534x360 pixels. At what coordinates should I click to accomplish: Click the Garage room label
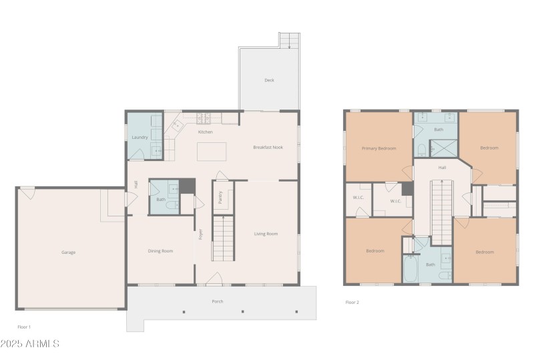(68, 252)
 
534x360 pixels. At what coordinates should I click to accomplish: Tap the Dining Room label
(160, 251)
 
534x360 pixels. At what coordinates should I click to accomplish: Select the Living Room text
(266, 234)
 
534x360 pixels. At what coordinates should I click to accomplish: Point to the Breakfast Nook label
(268, 147)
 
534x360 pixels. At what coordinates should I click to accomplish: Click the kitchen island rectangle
(212, 152)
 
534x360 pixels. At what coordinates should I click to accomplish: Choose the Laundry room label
(140, 138)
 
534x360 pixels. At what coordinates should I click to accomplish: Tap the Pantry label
(220, 197)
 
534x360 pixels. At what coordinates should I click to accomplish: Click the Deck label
(269, 80)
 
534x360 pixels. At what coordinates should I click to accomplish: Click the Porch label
(218, 302)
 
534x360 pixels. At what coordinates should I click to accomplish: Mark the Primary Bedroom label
(378, 148)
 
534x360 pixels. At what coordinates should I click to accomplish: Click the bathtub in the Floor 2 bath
(411, 271)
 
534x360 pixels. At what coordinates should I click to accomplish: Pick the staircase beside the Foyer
(224, 238)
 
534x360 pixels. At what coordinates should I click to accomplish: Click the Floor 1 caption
(24, 327)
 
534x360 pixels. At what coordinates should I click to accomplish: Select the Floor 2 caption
(352, 303)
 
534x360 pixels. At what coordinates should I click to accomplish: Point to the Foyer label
(200, 234)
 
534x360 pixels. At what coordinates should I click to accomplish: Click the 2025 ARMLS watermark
(30, 344)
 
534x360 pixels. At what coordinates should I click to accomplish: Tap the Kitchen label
(205, 132)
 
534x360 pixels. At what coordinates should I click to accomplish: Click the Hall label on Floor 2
(442, 168)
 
